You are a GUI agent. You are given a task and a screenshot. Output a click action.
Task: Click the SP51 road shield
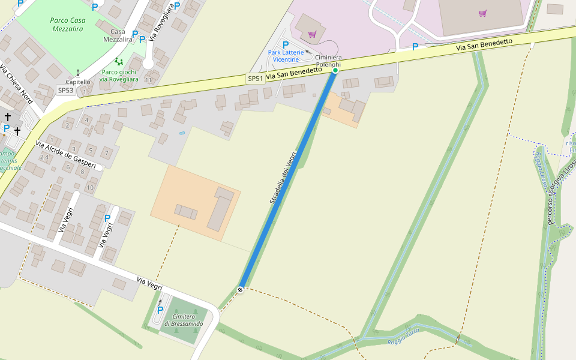(x=256, y=79)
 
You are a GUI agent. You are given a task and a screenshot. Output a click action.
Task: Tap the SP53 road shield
(x=65, y=90)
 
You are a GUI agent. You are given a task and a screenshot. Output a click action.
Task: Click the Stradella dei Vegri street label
(x=283, y=178)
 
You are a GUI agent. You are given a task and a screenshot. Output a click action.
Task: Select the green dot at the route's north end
(x=335, y=71)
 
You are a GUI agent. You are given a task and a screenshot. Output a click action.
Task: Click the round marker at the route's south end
(x=240, y=290)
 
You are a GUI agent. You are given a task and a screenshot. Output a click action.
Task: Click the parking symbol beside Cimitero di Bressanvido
(x=160, y=310)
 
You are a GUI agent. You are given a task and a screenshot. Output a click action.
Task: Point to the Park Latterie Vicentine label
(x=286, y=56)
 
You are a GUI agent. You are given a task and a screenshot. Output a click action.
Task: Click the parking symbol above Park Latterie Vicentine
(x=285, y=44)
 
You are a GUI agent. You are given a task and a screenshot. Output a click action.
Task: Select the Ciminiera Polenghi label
(x=328, y=61)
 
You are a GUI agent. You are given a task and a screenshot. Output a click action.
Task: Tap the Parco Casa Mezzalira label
(x=68, y=24)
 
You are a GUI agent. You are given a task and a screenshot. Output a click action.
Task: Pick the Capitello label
(x=78, y=82)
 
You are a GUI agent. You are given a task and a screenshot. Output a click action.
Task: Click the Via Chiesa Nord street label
(x=16, y=83)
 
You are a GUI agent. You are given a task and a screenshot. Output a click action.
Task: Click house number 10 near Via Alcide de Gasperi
(x=90, y=187)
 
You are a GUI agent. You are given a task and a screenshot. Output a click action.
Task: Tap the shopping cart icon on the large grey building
(x=482, y=13)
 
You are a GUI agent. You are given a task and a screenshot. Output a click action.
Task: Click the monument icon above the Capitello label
(x=77, y=73)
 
